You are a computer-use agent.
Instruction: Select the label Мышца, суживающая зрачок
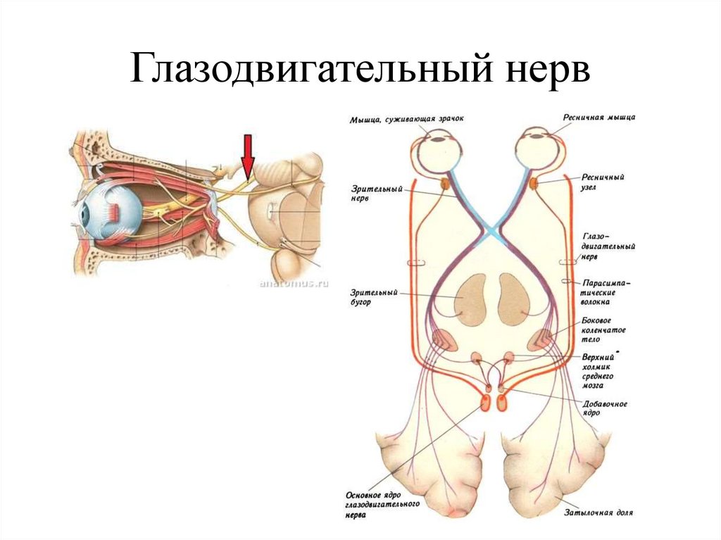407,120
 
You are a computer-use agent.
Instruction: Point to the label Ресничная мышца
599,118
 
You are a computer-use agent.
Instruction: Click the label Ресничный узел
603,183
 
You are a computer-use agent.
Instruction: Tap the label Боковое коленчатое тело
603,329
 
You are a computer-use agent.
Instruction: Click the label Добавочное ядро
605,408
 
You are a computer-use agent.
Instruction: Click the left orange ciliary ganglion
446,184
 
